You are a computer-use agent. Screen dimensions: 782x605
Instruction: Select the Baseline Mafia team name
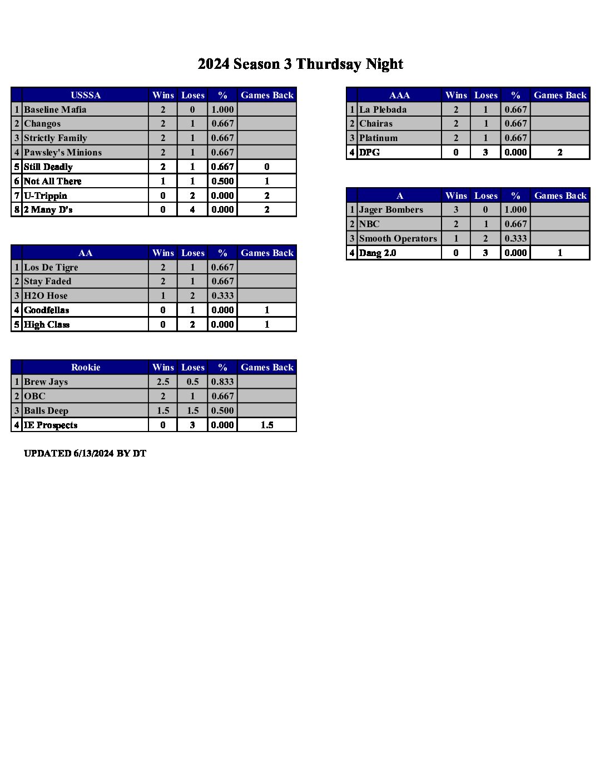(x=55, y=109)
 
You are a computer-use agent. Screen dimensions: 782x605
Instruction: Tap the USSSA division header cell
(x=86, y=95)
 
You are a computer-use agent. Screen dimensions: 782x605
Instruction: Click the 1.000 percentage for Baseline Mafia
(x=222, y=109)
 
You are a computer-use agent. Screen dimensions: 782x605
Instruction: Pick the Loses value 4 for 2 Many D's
(x=192, y=209)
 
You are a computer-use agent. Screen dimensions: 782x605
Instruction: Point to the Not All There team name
(x=52, y=181)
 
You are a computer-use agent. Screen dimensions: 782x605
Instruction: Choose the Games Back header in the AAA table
(x=560, y=95)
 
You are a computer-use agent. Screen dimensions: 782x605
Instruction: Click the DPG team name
(x=369, y=152)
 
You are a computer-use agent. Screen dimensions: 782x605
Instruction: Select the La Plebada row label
(x=383, y=109)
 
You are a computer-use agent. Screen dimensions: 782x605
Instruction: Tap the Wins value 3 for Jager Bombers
(x=456, y=209)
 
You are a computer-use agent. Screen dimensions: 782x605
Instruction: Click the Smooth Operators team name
(x=398, y=238)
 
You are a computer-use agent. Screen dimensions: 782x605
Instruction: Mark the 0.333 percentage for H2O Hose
(x=222, y=295)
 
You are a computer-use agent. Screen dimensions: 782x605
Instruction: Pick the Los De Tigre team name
(x=51, y=267)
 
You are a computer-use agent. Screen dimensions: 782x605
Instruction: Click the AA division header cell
(x=86, y=253)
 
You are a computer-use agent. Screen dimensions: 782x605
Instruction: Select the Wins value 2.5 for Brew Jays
(x=163, y=382)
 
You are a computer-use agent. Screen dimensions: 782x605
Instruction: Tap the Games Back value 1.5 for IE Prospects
(x=267, y=425)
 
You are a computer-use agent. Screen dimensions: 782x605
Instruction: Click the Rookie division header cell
(x=86, y=367)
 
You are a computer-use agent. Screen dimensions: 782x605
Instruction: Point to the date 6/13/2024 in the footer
(x=93, y=453)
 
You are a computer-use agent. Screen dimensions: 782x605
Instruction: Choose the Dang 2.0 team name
(x=378, y=253)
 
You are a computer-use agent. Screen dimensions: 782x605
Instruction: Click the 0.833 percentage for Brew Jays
(x=222, y=382)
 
